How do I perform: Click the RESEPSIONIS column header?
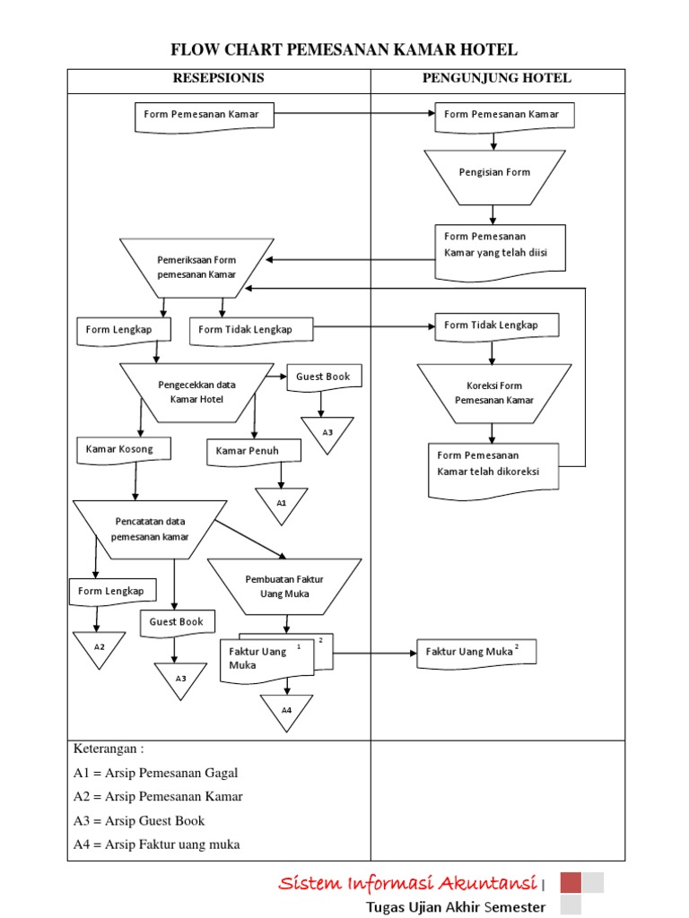(218, 78)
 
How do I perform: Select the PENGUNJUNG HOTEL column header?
(496, 78)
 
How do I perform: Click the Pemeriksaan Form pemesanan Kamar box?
(196, 267)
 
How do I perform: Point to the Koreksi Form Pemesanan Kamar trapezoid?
(493, 393)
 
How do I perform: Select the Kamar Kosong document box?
(123, 450)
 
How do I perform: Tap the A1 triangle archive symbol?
(281, 503)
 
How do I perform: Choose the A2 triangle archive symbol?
(99, 647)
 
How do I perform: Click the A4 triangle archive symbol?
(286, 710)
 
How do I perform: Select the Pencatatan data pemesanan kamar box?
(150, 529)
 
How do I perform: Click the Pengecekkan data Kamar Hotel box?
(196, 392)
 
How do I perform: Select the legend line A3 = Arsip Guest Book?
(139, 820)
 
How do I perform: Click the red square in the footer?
(571, 882)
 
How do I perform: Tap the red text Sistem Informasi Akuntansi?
(407, 883)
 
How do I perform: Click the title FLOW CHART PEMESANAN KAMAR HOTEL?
(344, 49)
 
